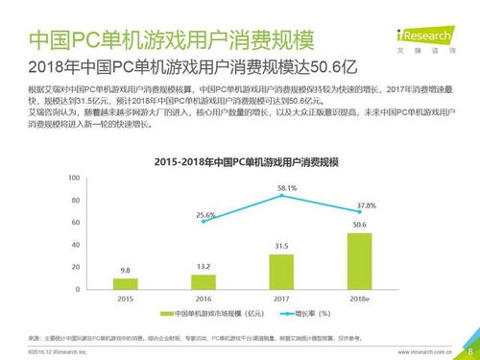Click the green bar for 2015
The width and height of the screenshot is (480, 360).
point(125,283)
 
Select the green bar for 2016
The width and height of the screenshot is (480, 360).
point(203,281)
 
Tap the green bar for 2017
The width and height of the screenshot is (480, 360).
point(281,272)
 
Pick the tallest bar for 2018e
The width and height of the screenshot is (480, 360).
point(359,261)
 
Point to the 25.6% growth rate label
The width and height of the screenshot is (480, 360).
point(205,215)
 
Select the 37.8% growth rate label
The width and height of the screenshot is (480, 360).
point(366,205)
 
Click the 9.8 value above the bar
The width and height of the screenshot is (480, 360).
point(125,270)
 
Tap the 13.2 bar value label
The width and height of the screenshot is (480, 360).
point(203,266)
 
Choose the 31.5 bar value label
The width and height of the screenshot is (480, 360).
point(281,246)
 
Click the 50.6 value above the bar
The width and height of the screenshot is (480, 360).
point(359,225)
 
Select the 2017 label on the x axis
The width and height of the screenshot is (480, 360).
point(281,299)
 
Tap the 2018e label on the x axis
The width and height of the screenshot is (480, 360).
point(359,299)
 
